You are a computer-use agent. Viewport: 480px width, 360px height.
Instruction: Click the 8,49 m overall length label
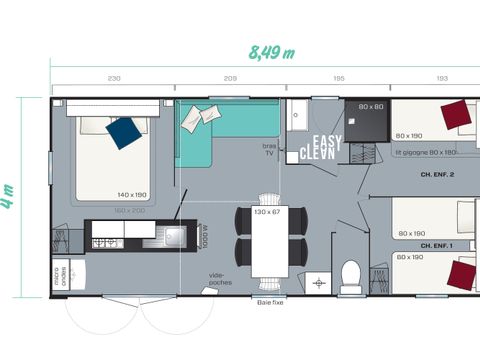272,53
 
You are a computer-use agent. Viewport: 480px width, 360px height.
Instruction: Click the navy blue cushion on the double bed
124,133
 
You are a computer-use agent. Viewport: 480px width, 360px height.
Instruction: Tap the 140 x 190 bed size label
131,195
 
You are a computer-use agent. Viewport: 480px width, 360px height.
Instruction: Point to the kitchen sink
171,237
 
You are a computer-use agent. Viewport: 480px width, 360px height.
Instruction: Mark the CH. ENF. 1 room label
437,245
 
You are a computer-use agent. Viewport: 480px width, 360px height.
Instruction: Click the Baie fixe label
270,301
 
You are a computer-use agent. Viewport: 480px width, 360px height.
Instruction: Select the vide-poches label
220,279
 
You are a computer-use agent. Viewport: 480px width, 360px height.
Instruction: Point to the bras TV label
268,148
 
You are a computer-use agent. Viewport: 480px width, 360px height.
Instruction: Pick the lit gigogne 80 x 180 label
425,152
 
